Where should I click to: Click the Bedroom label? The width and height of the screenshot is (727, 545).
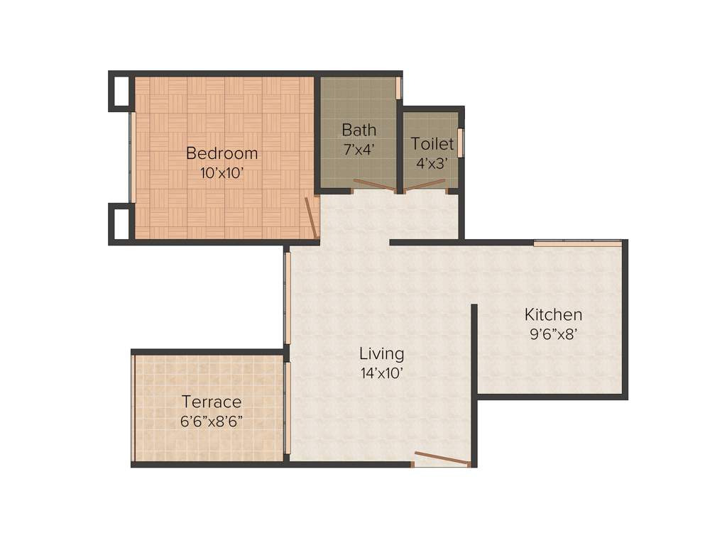222,153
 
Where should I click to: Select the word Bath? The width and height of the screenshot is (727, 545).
359,130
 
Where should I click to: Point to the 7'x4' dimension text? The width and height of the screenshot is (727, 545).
359,149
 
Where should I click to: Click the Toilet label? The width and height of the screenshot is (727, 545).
432,144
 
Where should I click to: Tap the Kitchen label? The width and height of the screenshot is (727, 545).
553,314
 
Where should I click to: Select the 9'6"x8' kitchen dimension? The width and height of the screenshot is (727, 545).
553,334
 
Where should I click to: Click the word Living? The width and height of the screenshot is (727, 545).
381,353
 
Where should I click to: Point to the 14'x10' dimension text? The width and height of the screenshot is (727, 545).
381,373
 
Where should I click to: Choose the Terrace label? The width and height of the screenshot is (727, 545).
211,402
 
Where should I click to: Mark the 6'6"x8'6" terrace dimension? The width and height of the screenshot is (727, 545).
211,421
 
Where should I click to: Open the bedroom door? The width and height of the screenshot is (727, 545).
311,218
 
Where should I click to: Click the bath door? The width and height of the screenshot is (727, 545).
374,186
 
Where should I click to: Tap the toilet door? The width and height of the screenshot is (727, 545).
425,186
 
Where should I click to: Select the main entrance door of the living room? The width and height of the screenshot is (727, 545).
442,458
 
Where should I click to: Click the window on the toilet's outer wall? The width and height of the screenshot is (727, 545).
460,143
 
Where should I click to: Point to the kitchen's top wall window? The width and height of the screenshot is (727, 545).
577,243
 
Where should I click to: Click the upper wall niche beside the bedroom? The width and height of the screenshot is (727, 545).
121,91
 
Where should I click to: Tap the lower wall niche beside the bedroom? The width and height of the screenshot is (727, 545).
121,224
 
